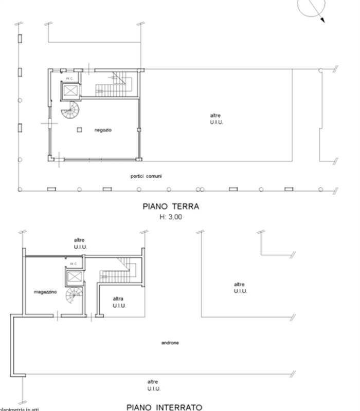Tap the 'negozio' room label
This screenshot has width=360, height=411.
[103, 130]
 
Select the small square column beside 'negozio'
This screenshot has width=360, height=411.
[79, 130]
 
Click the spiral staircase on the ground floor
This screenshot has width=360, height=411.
[69, 110]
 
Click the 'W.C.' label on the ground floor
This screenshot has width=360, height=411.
[68, 78]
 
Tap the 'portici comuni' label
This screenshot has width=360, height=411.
[146, 176]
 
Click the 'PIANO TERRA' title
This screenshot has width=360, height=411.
[171, 207]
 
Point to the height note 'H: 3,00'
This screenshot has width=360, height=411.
[171, 217]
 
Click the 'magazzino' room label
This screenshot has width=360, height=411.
[45, 292]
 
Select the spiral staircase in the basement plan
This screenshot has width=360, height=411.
[74, 297]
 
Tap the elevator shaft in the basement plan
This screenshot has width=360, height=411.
[73, 277]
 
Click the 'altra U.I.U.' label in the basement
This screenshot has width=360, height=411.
[119, 302]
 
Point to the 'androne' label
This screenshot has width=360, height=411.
[170, 343]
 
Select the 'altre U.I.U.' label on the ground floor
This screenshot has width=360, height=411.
[217, 119]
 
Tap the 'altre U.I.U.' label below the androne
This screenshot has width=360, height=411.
[153, 385]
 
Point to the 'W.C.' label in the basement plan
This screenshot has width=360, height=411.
[73, 264]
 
